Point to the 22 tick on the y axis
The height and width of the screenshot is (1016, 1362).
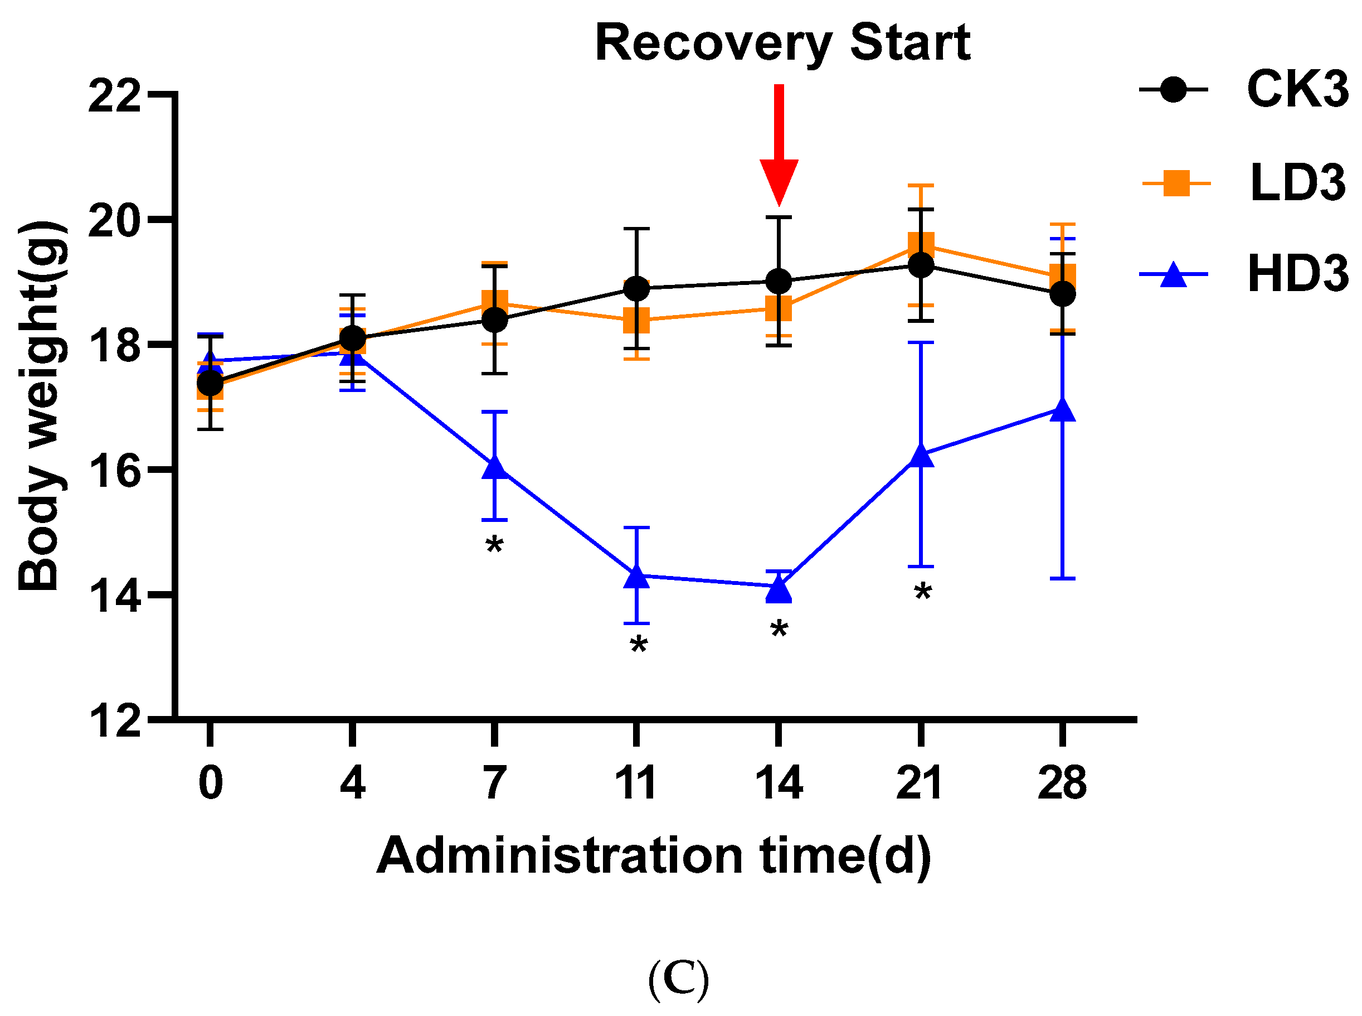(114, 96)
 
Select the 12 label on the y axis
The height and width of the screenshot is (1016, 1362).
(114, 721)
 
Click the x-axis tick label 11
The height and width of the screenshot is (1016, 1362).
(636, 783)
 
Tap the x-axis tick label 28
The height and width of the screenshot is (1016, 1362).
(1062, 783)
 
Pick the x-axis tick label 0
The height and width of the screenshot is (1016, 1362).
(211, 783)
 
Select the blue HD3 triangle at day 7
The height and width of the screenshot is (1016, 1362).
(494, 468)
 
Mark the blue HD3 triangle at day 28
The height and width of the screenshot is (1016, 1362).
(1063, 410)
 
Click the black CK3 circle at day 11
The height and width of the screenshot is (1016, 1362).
(636, 288)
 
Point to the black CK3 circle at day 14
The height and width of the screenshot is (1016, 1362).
(779, 282)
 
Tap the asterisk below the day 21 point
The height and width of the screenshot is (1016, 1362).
(922, 593)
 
